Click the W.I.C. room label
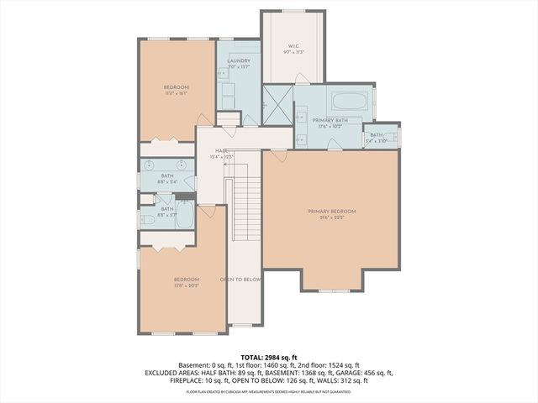click(293, 48)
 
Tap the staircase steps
click(244, 206)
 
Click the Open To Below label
click(241, 279)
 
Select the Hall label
click(222, 151)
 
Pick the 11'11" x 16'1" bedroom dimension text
click(176, 93)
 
